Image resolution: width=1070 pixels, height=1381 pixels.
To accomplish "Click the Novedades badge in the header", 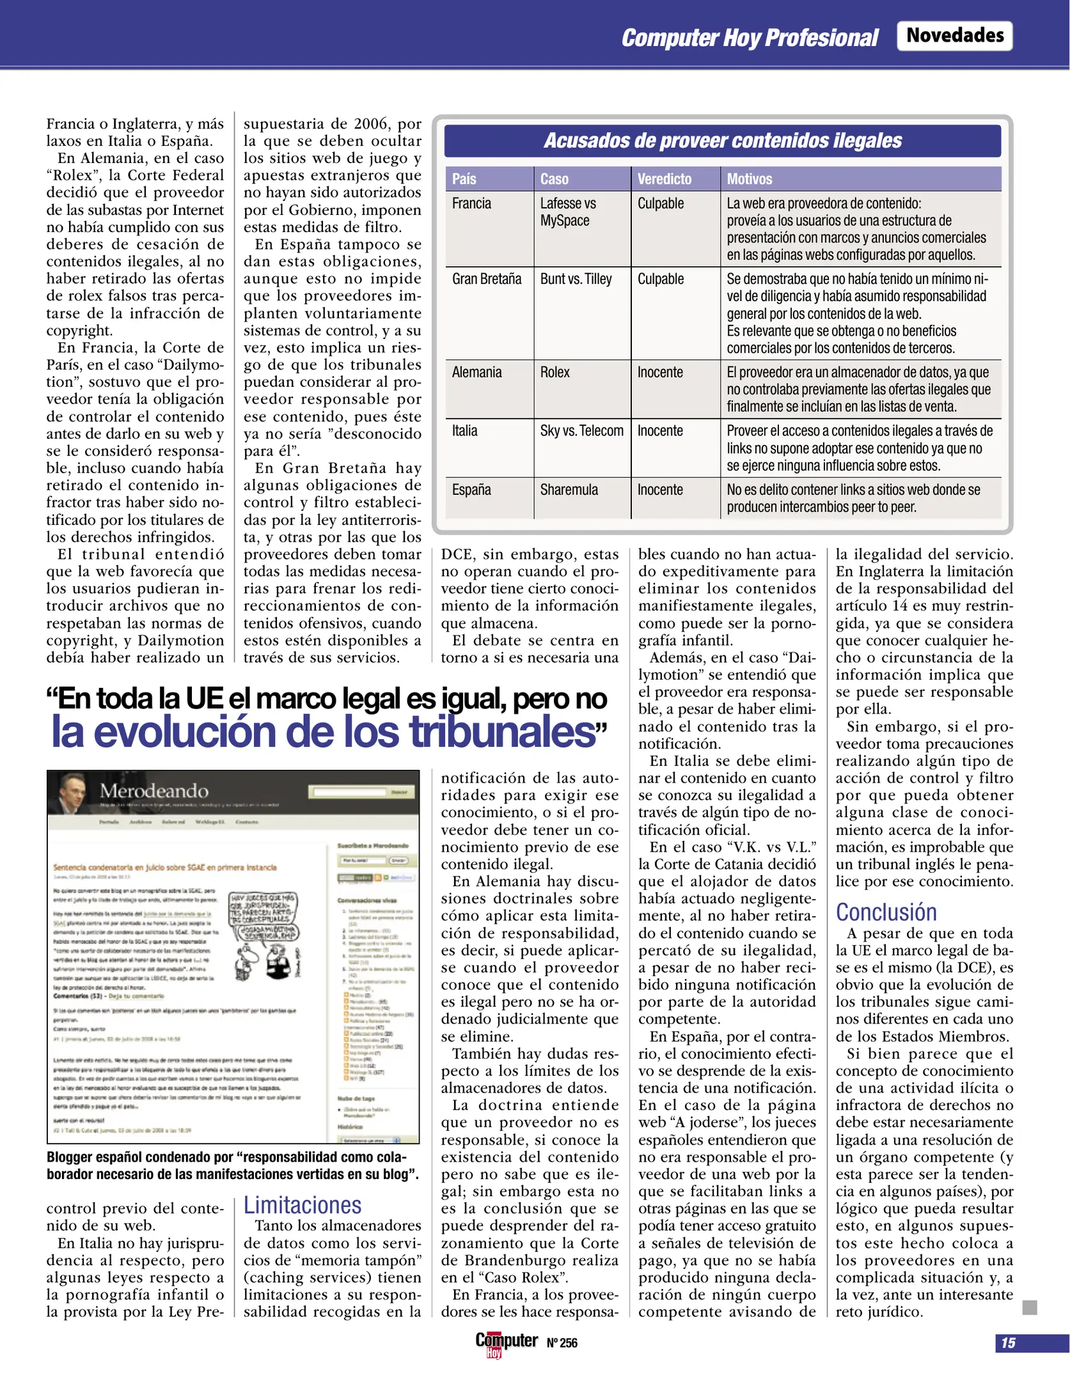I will (954, 35).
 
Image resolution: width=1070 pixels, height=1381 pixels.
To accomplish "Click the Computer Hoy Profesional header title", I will (750, 38).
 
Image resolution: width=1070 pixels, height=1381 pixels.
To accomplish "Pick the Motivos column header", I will (749, 179).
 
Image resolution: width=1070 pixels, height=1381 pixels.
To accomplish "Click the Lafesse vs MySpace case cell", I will (567, 212).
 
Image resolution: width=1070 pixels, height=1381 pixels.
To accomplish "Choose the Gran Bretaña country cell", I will (487, 279).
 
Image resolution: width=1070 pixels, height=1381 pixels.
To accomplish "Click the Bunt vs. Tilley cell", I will (576, 279).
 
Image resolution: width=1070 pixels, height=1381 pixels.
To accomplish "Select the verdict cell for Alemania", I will (659, 372).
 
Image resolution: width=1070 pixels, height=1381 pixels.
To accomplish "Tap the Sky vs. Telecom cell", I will (581, 431).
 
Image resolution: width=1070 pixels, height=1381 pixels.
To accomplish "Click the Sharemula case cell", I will (569, 490).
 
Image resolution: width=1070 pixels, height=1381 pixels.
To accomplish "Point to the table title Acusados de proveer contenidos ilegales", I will (722, 141).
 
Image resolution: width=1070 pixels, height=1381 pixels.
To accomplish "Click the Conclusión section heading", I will (886, 912).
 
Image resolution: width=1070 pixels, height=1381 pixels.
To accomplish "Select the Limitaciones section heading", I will (302, 1205).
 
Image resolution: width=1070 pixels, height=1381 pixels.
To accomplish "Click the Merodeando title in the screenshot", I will (153, 791).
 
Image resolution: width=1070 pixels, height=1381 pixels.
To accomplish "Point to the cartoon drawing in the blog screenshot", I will (264, 936).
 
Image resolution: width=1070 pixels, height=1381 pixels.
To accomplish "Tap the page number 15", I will (1008, 1343).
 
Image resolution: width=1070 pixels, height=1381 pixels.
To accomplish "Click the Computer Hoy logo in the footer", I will (505, 1342).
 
